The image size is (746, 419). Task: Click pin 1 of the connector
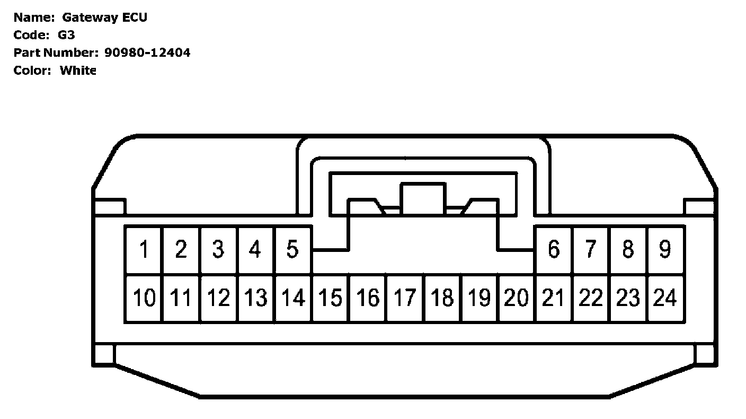pos(144,249)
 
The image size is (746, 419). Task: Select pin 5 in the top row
pos(292,249)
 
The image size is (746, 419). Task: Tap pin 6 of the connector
pos(554,249)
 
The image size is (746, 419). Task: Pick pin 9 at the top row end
pos(665,249)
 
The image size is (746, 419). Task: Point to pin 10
pos(144,298)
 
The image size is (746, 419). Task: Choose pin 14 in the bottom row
pos(292,298)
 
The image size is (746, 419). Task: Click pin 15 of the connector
pos(330,298)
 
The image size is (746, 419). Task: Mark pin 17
pos(405,298)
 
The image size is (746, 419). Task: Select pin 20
pos(517,298)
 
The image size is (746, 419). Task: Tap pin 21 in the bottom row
pos(554,298)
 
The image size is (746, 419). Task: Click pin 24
pos(665,298)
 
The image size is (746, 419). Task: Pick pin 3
pos(218,249)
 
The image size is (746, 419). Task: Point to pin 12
pos(218,298)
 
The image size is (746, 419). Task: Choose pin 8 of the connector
pos(628,249)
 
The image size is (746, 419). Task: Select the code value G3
pos(66,35)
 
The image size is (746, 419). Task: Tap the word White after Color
pos(78,70)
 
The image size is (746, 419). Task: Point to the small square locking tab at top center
pos(423,198)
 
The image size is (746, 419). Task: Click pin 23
pos(628,298)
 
